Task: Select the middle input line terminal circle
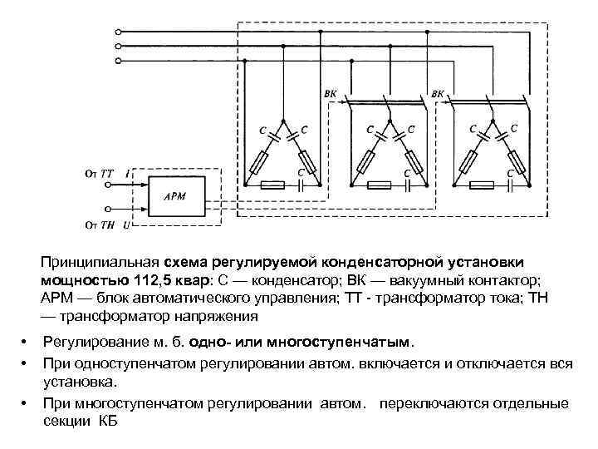click(119, 46)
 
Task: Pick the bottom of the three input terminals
click(119, 61)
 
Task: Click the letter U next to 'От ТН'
click(125, 224)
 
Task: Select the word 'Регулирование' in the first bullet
click(93, 341)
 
